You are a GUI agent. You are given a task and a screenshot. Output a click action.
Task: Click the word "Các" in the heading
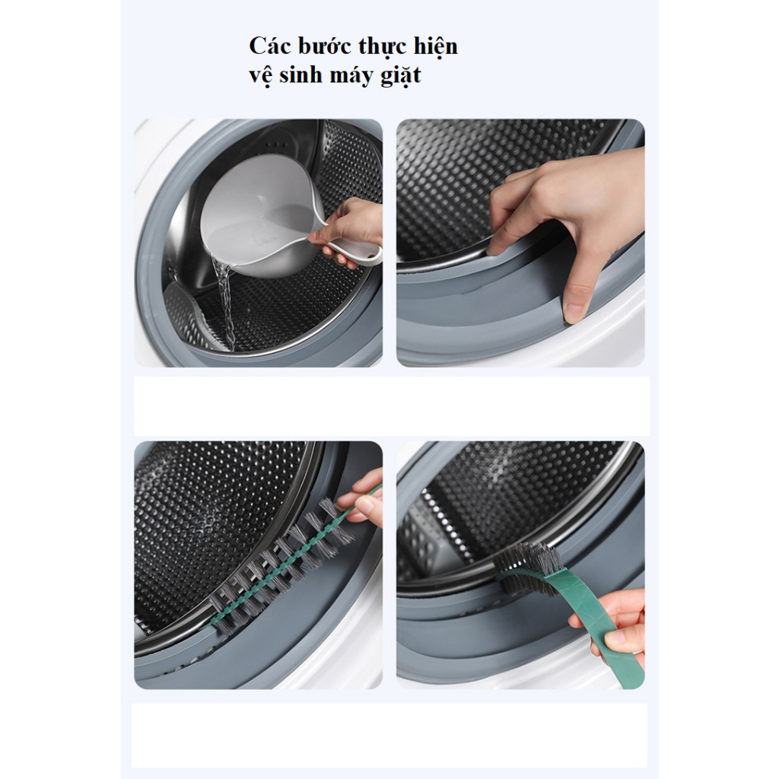coord(269,46)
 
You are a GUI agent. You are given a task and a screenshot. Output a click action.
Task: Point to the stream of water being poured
coord(224,303)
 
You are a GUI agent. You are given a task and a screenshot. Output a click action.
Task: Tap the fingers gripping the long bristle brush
coord(365,497)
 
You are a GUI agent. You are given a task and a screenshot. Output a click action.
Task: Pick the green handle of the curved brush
coord(596,616)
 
